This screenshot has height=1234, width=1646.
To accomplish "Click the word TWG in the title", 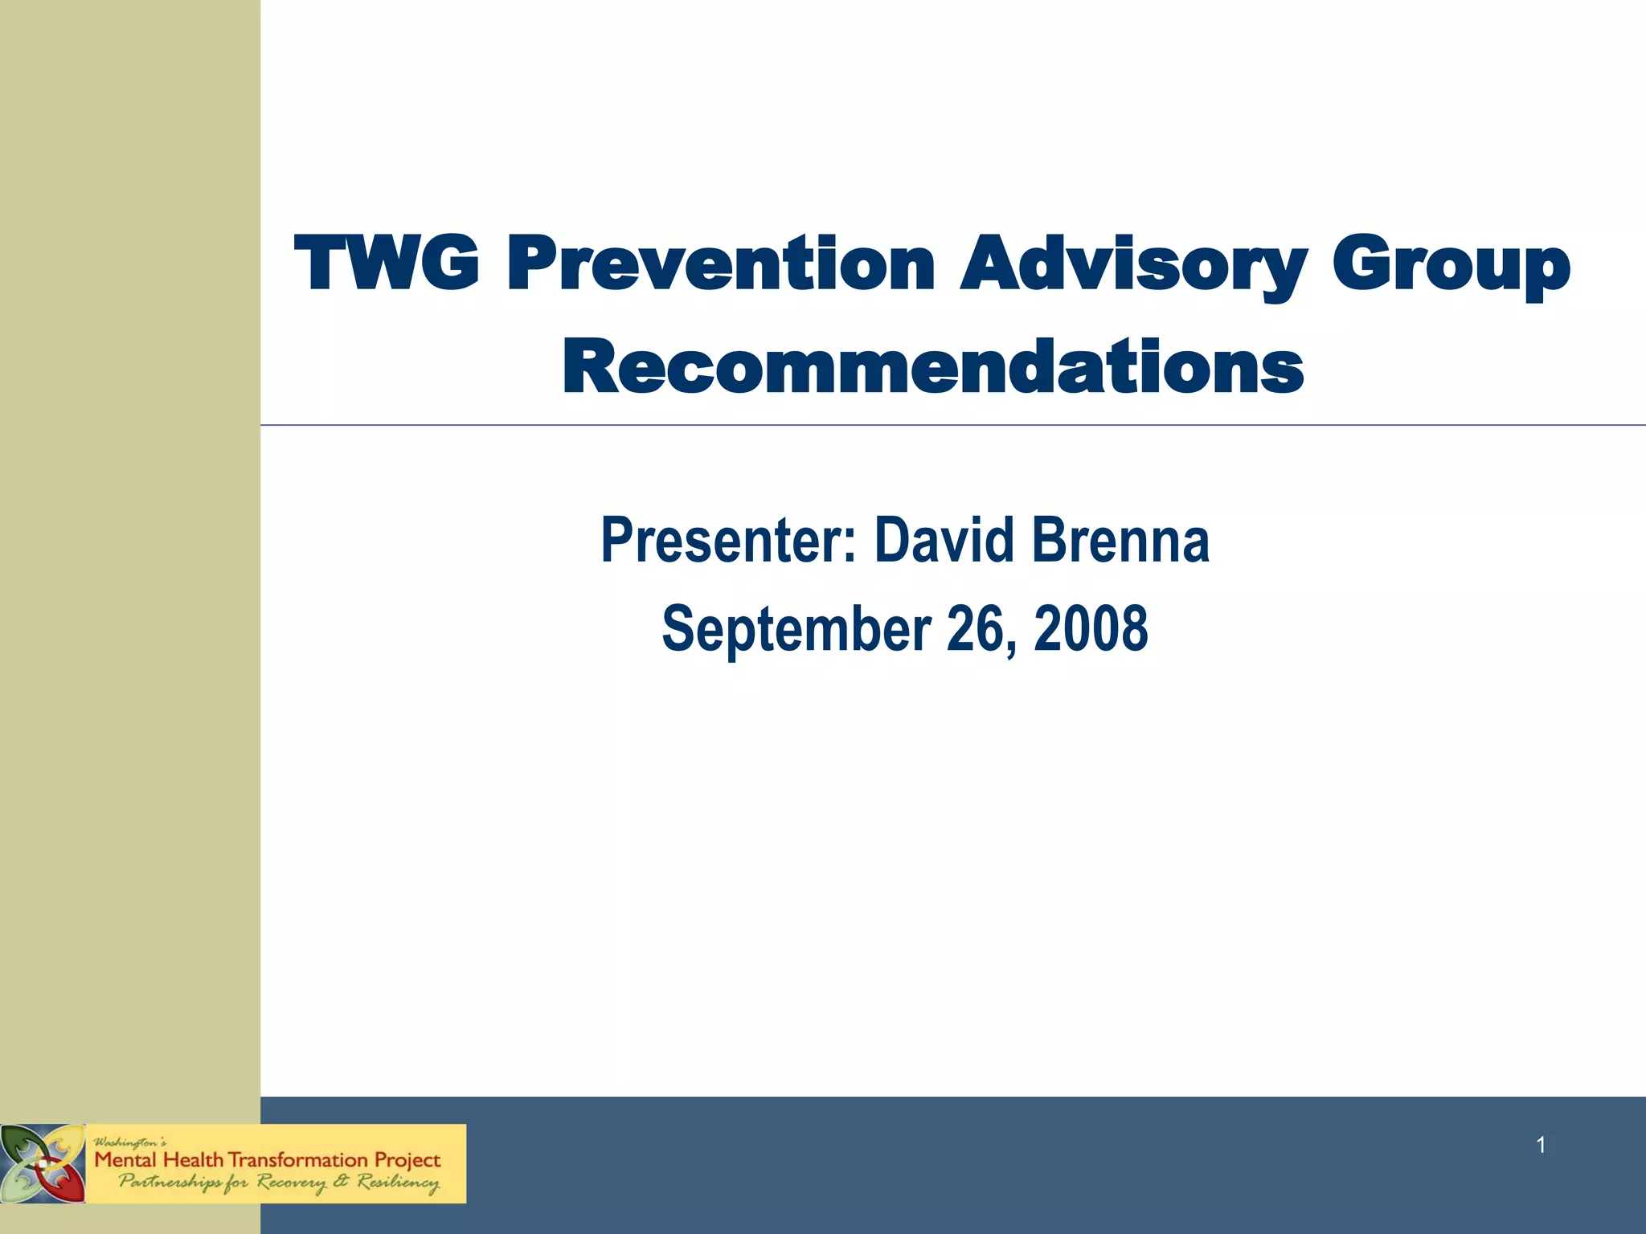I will coord(387,264).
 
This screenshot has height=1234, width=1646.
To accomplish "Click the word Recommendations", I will coord(932,367).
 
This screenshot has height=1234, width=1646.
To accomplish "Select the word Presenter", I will coord(728,540).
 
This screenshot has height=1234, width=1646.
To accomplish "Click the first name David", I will coord(944,540).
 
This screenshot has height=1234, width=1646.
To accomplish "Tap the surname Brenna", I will coord(1121,540).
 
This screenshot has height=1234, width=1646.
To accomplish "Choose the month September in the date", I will coord(796,628).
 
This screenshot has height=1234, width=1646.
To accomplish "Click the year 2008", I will coord(1091,628).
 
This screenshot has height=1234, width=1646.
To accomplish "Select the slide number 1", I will coord(1541,1145).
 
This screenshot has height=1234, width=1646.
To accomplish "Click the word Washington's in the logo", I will coord(130,1142).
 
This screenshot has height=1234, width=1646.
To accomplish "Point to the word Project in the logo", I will coord(408,1161).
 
